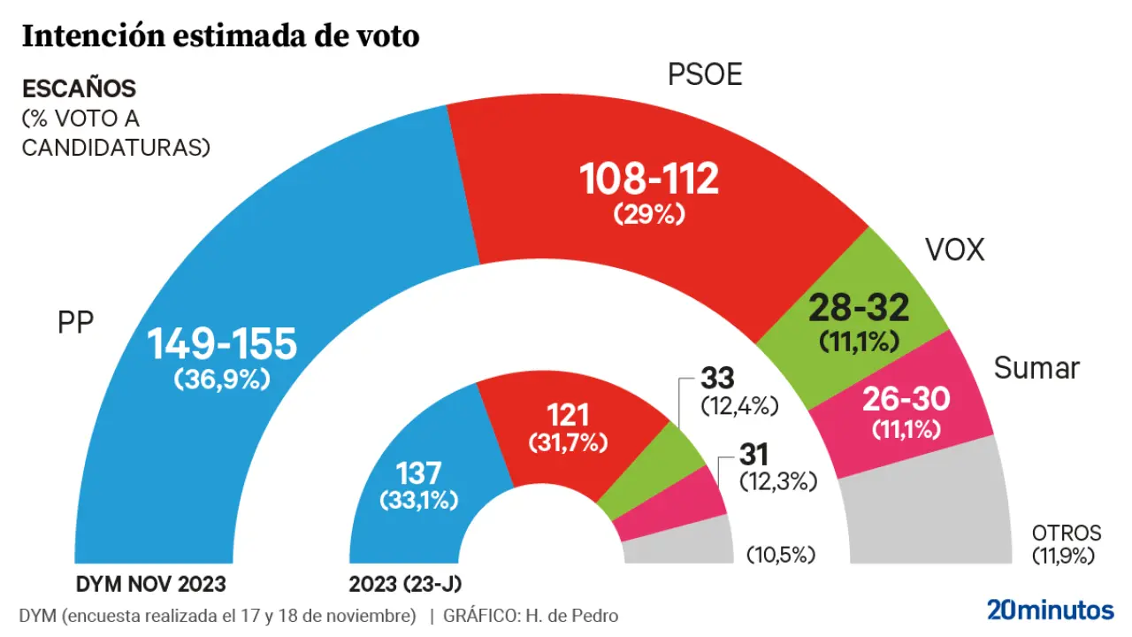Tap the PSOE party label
(704, 76)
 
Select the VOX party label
(954, 250)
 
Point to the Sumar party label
(1036, 368)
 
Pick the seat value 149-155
(221, 345)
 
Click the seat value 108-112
(649, 180)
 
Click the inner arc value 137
(418, 471)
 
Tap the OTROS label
(1067, 533)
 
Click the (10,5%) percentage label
(781, 556)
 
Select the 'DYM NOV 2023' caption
(151, 584)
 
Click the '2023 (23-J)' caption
(406, 584)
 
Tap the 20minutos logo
(1050, 610)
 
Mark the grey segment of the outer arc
(929, 513)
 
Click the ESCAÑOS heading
(79, 89)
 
